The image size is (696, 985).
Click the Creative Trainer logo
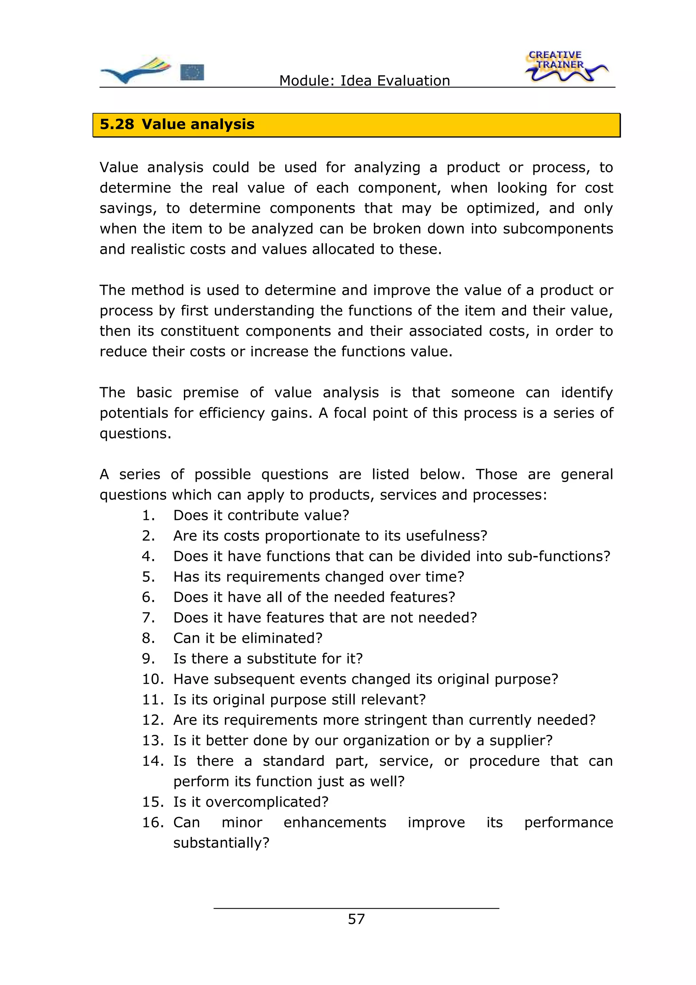pyautogui.click(x=565, y=67)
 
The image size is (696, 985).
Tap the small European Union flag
pyautogui.click(x=192, y=72)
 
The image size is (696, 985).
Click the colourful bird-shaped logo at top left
pyautogui.click(x=135, y=70)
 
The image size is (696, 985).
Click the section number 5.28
pyautogui.click(x=117, y=124)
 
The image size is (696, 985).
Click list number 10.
pyautogui.click(x=152, y=679)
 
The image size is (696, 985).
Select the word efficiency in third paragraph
pyautogui.click(x=232, y=413)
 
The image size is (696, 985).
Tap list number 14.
pyautogui.click(x=152, y=761)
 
